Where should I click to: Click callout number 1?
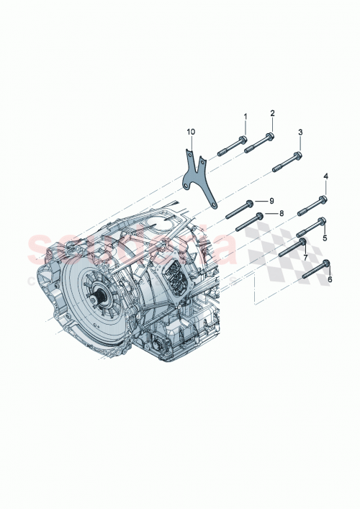click(x=244, y=116)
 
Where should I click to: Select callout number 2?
click(x=272, y=113)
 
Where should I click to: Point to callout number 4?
click(x=325, y=176)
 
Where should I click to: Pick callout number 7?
click(x=305, y=257)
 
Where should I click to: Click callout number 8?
click(x=282, y=213)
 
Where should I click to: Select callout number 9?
click(x=272, y=199)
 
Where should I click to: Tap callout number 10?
click(x=191, y=132)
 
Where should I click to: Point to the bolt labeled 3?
click(x=287, y=161)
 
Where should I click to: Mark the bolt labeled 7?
click(x=292, y=246)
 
